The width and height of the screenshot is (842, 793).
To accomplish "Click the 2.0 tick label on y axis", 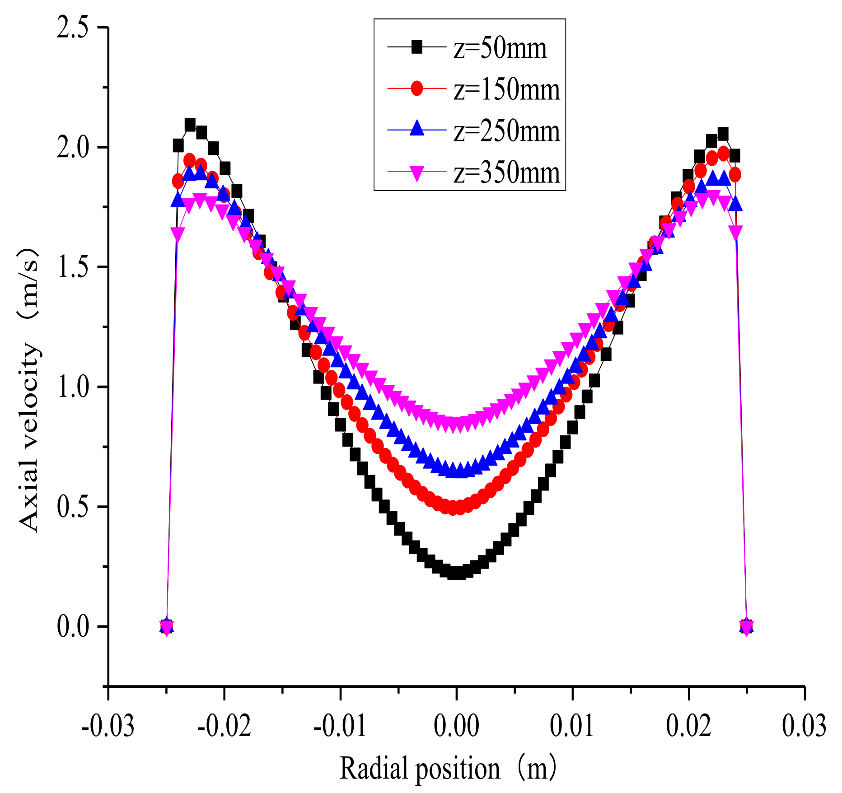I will pyautogui.click(x=72, y=148).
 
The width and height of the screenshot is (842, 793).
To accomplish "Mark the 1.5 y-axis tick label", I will pyautogui.click(x=72, y=267).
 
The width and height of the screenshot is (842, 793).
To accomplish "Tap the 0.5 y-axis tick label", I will pyautogui.click(x=72, y=507).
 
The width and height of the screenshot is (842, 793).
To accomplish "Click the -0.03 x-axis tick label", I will pyautogui.click(x=108, y=726).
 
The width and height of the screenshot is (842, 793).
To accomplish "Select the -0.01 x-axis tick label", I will pyautogui.click(x=340, y=726).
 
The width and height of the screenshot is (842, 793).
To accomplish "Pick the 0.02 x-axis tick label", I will pyautogui.click(x=688, y=726).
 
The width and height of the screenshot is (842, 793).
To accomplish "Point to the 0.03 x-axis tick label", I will pyautogui.click(x=804, y=726).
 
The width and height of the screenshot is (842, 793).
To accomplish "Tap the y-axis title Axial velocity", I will pyautogui.click(x=30, y=388).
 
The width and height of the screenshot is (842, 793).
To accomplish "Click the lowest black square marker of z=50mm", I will pyautogui.click(x=457, y=573).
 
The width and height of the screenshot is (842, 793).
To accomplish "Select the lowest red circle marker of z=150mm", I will pyautogui.click(x=457, y=508).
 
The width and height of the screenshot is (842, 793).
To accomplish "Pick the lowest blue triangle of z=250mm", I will pyautogui.click(x=457, y=471).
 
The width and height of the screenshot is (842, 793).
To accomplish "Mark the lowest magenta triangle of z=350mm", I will pyautogui.click(x=457, y=425).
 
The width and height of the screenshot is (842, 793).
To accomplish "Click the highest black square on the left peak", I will pyautogui.click(x=190, y=124).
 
